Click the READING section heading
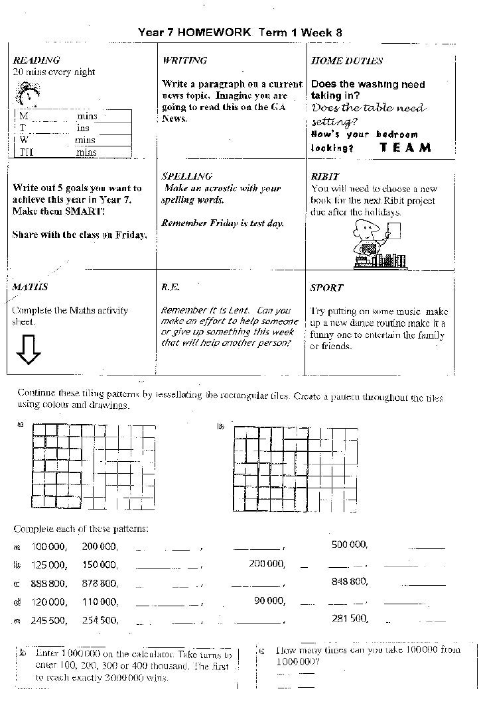pos(36,60)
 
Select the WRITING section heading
pos(184,60)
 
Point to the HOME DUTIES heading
pos(346,61)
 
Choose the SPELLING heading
pos(186,176)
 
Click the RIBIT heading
pos(324,177)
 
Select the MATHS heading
pos(31,288)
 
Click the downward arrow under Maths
pos(29,350)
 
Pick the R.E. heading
pos(171,288)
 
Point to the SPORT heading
pos(326,288)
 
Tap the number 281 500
pos(350,618)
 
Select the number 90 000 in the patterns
pos(269,601)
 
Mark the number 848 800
pos(350,582)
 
